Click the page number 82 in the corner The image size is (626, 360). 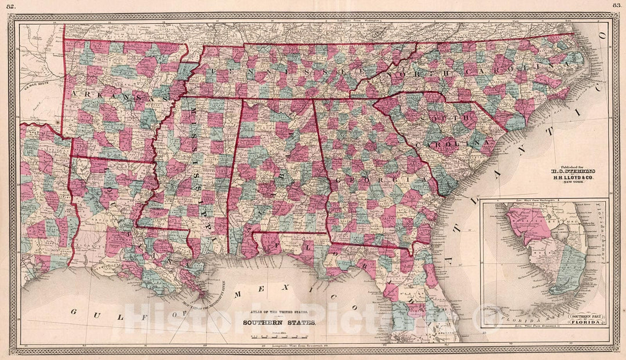tap(10, 5)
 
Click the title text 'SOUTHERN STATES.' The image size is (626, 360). tap(279, 323)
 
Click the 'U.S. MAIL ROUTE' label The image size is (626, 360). tap(34, 87)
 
